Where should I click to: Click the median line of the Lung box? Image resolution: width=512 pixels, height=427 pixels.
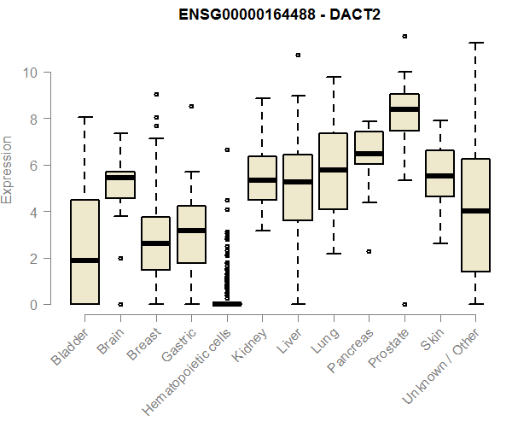(333, 170)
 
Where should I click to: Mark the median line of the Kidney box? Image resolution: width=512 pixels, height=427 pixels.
(262, 180)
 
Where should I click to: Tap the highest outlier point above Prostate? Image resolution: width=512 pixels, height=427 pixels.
(404, 36)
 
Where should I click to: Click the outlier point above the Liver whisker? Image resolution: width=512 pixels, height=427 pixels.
(298, 55)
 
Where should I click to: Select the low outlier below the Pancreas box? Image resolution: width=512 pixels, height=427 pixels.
(369, 251)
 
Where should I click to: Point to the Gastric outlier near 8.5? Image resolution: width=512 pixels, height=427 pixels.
(191, 106)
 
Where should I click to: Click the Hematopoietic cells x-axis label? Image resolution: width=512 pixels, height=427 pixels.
(193, 358)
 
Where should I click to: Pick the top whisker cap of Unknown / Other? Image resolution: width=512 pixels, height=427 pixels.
(475, 43)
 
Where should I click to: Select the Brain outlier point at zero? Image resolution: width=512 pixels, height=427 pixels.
(120, 304)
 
